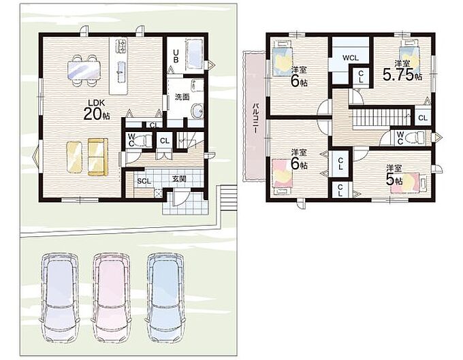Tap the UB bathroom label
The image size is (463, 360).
tap(176, 56)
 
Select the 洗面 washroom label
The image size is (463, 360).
tap(182, 97)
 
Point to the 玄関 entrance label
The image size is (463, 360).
tap(179, 178)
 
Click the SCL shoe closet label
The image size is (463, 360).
tap(144, 181)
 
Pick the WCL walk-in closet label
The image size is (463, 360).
tap(351, 58)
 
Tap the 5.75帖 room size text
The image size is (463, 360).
tap(402, 74)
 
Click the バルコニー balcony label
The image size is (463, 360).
tap(256, 118)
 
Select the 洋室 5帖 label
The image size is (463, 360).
tap(394, 175)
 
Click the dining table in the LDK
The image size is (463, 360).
tap(84, 71)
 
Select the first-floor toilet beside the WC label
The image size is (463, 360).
tap(144, 140)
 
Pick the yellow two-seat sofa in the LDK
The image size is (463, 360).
tap(98, 157)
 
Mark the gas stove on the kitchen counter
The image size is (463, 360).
tap(121, 46)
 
